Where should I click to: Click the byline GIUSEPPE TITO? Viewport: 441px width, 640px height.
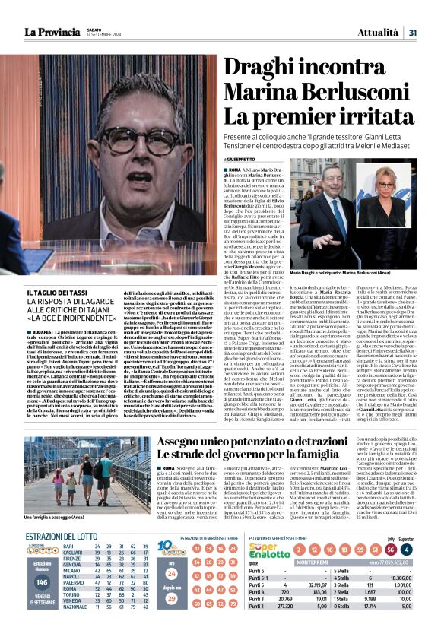pos(242,159)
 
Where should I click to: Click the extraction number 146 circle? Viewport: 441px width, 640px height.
pos(43,581)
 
